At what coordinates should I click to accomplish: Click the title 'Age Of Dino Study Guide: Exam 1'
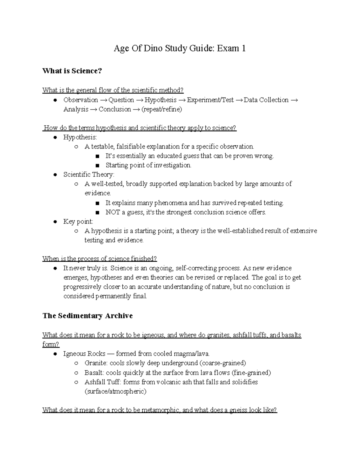(180, 48)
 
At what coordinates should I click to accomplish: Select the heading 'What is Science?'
(72, 71)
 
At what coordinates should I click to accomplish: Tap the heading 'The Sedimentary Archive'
(88, 316)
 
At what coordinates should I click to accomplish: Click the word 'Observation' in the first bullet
(80, 100)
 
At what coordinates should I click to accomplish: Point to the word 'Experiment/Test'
(210, 100)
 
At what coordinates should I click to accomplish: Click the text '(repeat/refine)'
(162, 109)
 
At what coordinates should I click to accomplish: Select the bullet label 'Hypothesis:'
(80, 137)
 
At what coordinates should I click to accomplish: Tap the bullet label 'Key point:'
(78, 221)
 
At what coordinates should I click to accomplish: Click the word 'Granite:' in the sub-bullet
(96, 363)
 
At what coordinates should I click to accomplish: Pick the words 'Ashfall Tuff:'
(103, 382)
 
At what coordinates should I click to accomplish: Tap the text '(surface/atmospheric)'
(115, 391)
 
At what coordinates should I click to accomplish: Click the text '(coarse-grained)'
(222, 363)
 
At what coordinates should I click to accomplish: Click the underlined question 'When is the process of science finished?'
(100, 259)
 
